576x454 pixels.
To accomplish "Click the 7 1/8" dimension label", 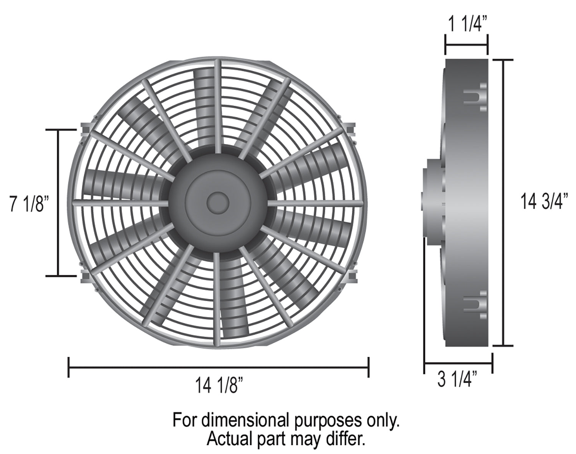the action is click(30, 204).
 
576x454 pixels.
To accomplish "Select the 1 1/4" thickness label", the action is click(467, 24).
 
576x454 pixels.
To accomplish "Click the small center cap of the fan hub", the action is click(218, 203).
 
